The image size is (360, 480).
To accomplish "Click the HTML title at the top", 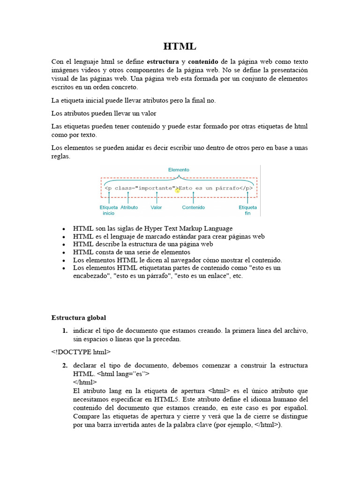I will point(180,46).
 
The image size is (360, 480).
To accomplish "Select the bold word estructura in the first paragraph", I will point(163,62).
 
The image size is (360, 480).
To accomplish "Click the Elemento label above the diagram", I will point(179,170).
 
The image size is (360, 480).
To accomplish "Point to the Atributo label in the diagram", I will point(129,207).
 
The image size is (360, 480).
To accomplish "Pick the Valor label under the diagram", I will point(157,207).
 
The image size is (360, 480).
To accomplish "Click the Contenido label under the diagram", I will point(193,207).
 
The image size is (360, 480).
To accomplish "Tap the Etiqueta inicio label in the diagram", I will point(109,210).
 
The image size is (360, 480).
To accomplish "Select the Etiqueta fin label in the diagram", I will point(247,210).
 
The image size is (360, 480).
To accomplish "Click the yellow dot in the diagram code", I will point(178,191).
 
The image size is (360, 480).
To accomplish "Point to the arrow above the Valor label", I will point(157,197).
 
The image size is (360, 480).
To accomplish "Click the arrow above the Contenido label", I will point(193,197).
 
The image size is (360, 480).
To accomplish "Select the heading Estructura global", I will point(79,317).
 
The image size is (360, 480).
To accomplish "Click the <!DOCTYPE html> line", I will point(81,351).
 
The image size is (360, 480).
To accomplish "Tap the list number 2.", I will point(65,365).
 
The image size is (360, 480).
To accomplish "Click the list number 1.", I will point(65,330).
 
